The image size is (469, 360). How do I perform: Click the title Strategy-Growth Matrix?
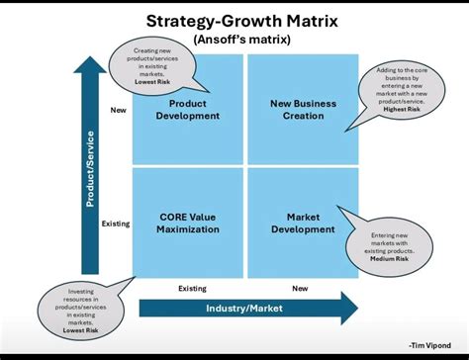pyautogui.click(x=234, y=19)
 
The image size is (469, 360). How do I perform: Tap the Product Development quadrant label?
pyautogui.click(x=187, y=110)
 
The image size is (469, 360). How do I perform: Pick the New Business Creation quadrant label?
pyautogui.click(x=303, y=110)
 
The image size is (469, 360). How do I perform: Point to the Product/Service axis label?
pyautogui.click(x=90, y=169)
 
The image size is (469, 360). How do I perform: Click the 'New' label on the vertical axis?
pyautogui.click(x=118, y=110)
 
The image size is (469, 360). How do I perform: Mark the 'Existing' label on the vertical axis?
pyautogui.click(x=116, y=224)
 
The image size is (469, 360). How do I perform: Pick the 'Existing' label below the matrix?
pyautogui.click(x=192, y=289)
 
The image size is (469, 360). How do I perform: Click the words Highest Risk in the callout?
pyautogui.click(x=400, y=109)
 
